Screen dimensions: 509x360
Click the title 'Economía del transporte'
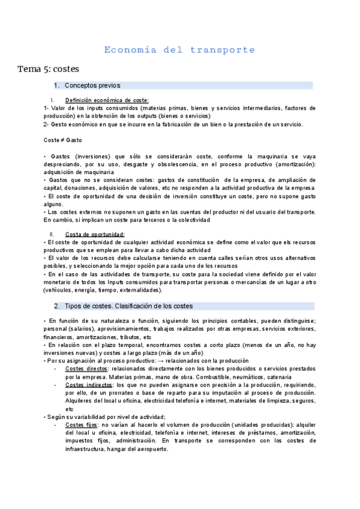pos(179,50)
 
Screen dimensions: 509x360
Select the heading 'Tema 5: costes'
pos(48,69)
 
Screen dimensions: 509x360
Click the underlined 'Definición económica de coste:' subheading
pos(107,100)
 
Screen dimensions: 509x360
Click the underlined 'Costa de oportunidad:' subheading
pos(95,234)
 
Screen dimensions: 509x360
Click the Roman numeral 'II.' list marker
pos(53,234)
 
